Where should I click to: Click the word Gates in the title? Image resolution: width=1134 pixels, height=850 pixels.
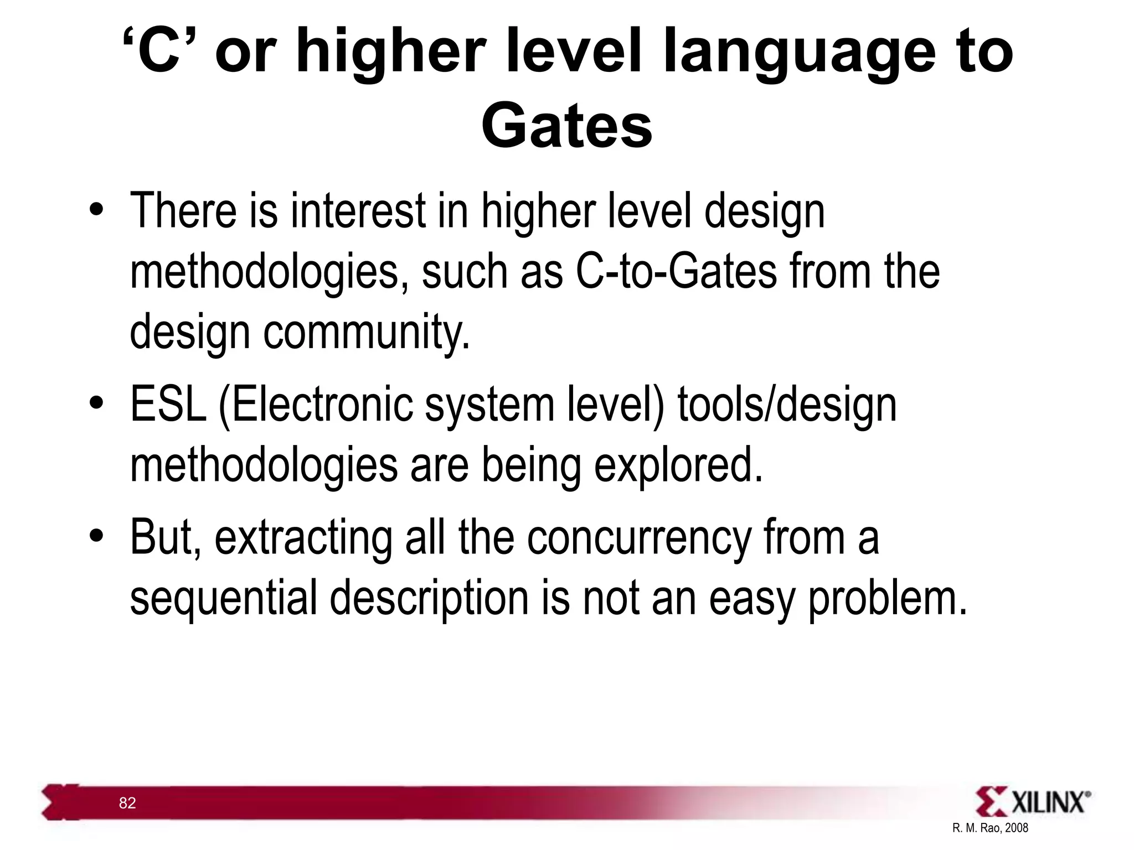coord(566,127)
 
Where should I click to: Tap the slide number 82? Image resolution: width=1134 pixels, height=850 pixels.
coord(127,803)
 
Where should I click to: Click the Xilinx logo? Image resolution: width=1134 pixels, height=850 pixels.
coord(1033,802)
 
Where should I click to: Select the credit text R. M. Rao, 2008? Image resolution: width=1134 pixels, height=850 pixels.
coord(990,828)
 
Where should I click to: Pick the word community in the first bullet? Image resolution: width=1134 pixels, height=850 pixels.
coord(366,332)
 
